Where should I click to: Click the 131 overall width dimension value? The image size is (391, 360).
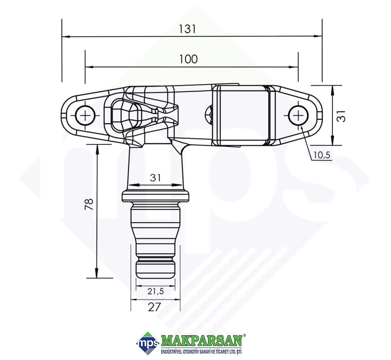click(x=187, y=29)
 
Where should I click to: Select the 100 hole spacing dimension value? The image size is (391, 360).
click(x=189, y=59)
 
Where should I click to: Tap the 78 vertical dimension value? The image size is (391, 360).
click(x=89, y=204)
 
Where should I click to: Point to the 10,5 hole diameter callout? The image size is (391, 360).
click(x=322, y=155)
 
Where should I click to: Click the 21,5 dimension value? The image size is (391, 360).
click(x=155, y=291)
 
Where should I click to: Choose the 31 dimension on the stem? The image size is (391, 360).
click(x=156, y=178)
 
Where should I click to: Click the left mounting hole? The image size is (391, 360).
click(x=86, y=116)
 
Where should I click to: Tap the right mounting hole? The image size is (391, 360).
click(x=298, y=116)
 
